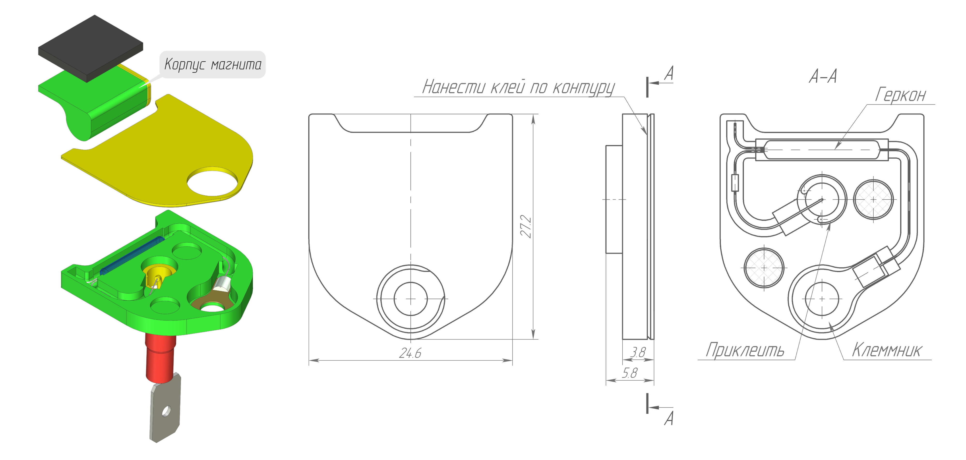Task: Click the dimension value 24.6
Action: [x=410, y=353]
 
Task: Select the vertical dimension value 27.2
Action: [x=526, y=226]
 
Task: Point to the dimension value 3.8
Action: [x=638, y=352]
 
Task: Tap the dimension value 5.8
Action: [x=630, y=373]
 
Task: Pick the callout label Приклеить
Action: [x=745, y=350]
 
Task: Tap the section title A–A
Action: [x=823, y=76]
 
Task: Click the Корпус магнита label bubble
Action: [x=213, y=65]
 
